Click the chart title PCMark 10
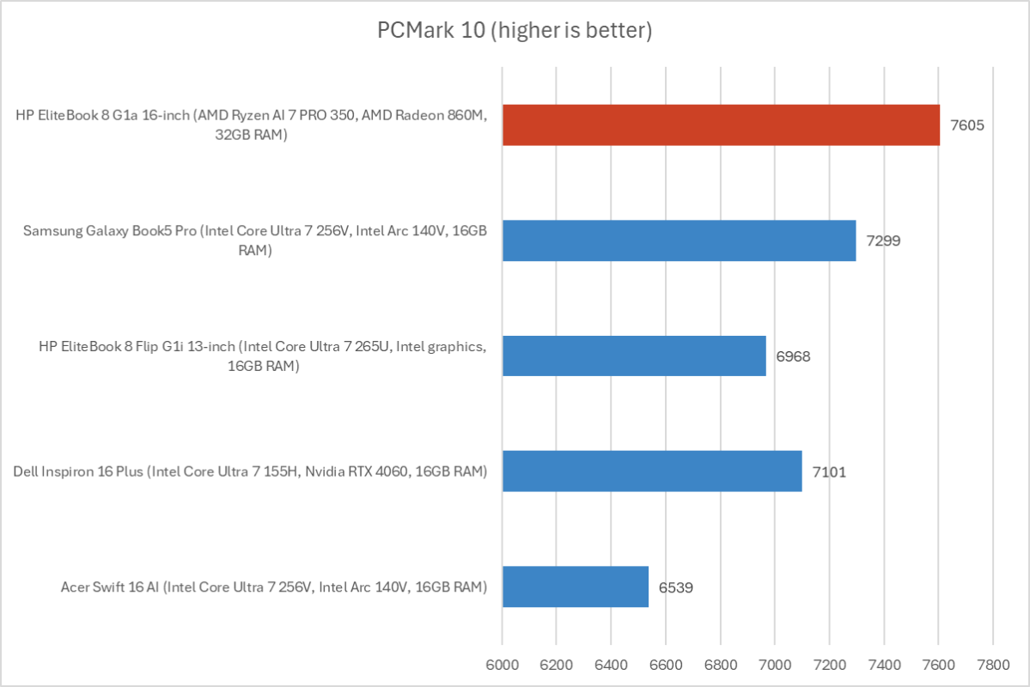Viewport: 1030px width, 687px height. (x=515, y=31)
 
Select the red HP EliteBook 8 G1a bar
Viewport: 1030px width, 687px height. (x=721, y=125)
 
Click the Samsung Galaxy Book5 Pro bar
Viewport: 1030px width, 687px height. (x=679, y=240)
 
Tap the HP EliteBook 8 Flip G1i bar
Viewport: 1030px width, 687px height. (x=634, y=356)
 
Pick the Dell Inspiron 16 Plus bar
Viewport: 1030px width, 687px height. (x=652, y=471)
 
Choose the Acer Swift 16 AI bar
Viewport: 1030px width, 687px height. (x=576, y=587)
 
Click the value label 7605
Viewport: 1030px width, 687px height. (x=966, y=125)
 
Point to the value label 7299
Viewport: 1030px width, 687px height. (x=883, y=240)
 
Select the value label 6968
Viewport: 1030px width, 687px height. (x=793, y=356)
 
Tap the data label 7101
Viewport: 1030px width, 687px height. (x=829, y=471)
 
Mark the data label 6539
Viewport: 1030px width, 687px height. (x=676, y=587)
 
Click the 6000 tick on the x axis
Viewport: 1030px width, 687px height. (x=503, y=664)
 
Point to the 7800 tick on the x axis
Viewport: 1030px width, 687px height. (x=992, y=664)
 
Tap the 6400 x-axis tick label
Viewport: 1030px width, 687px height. (x=611, y=664)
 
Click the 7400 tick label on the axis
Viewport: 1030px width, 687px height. (x=883, y=664)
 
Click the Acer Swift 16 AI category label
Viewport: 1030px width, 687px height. (x=274, y=587)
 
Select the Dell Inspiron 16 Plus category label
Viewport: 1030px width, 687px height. (x=250, y=471)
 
